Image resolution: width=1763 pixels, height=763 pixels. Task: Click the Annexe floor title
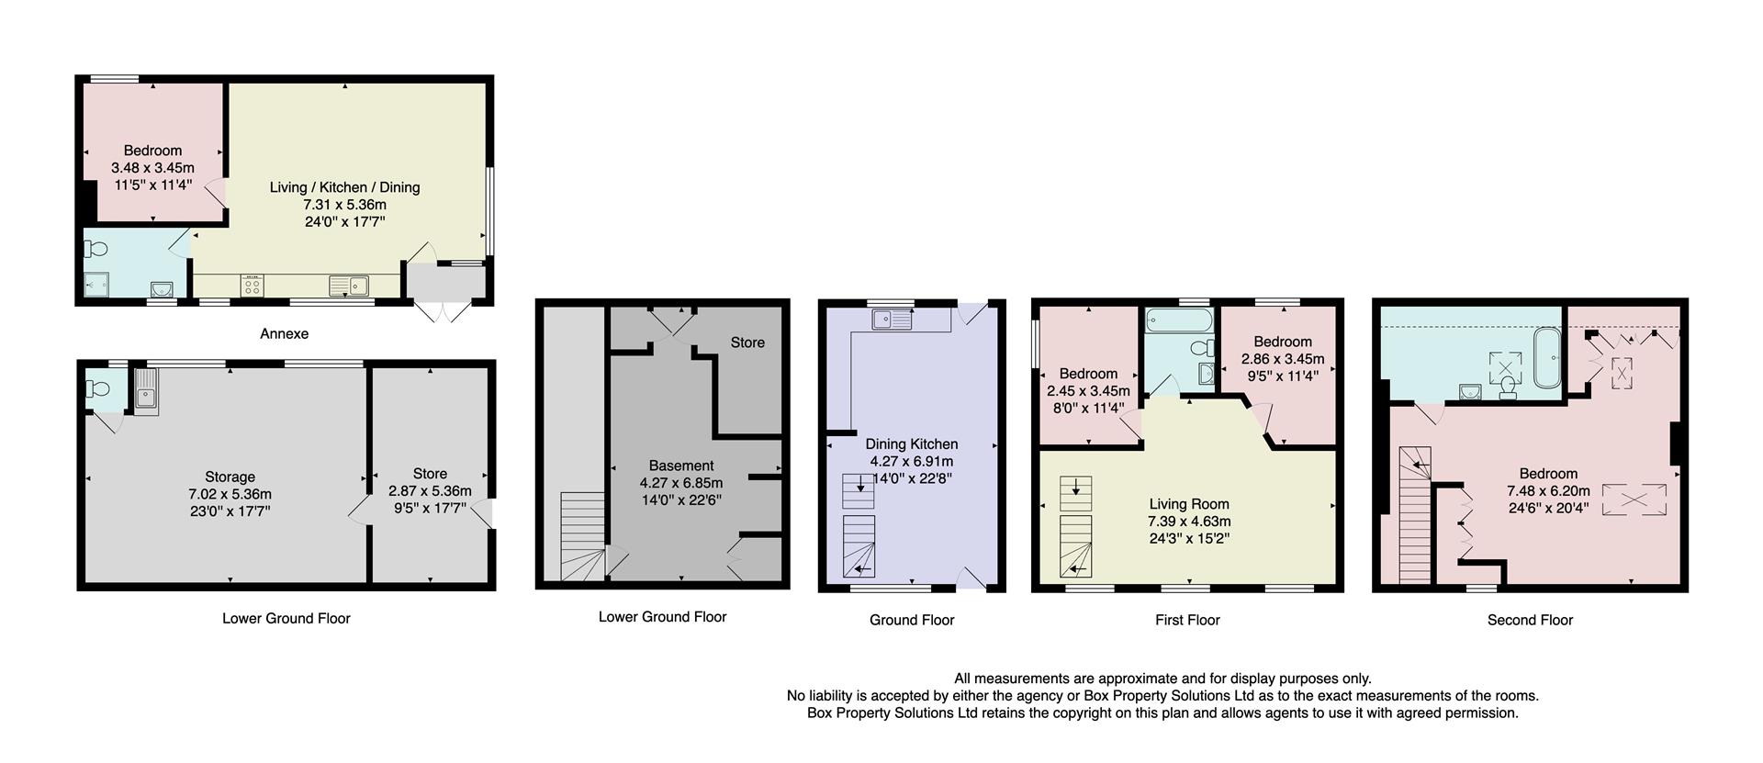click(284, 333)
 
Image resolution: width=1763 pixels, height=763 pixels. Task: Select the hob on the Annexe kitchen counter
click(253, 286)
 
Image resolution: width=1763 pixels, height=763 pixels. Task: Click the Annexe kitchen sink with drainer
click(349, 286)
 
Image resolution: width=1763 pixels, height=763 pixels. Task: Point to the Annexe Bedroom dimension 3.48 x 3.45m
click(152, 168)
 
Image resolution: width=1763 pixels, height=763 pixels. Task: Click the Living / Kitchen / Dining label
click(344, 187)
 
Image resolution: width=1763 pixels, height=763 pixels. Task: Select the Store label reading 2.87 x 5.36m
click(430, 491)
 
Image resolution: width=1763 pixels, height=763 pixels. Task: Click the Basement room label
click(680, 466)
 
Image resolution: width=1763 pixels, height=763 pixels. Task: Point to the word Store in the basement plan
click(747, 342)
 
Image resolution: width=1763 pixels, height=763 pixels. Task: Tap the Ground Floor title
click(912, 620)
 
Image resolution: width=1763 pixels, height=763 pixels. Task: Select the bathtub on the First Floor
click(1178, 321)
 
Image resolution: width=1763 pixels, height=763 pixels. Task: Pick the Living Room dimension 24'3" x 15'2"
click(1189, 539)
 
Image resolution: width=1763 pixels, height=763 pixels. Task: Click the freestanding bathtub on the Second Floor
click(1547, 356)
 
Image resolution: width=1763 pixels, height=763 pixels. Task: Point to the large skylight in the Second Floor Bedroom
click(1634, 499)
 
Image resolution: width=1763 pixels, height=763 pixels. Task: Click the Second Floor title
click(1530, 620)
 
